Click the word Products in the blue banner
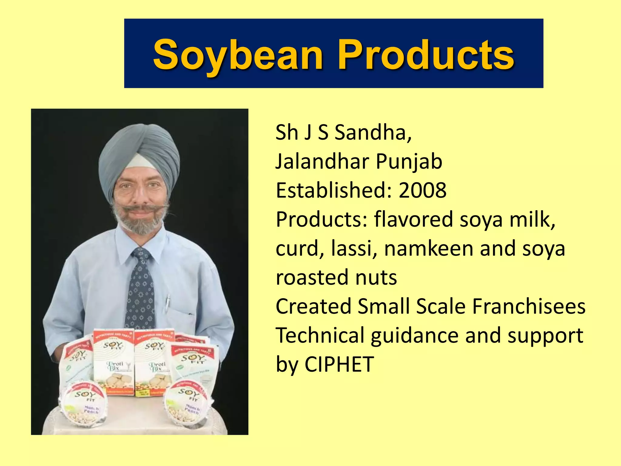426,55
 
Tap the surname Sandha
373,133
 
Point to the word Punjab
409,161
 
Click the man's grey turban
139,149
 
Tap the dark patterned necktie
140,291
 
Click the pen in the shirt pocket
167,303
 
